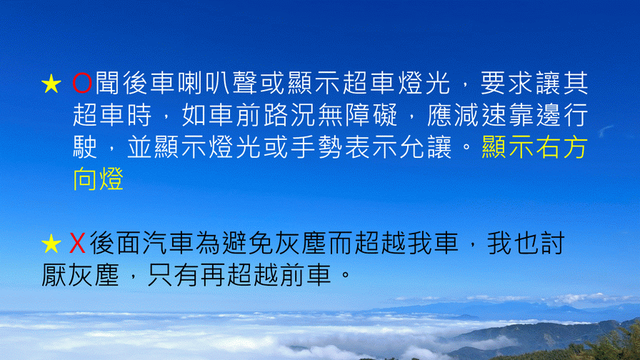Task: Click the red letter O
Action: point(82,84)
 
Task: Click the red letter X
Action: point(77,244)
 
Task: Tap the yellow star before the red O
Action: point(51,84)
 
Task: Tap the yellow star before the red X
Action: point(51,244)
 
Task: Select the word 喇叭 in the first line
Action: point(204,84)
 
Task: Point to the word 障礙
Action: point(371,115)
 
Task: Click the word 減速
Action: point(481,115)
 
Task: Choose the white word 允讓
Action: point(426,147)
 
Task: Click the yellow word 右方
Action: point(561,147)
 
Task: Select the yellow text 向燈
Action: point(99,179)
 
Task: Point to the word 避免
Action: point(248,244)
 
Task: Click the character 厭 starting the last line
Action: point(54,275)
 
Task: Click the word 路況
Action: point(289,115)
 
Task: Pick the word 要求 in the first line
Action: point(507,84)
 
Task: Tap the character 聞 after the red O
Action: point(107,84)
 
